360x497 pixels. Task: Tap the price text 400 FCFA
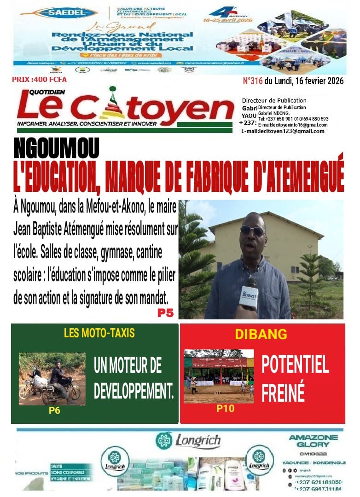coord(39,80)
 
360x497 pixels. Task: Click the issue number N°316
coord(252,81)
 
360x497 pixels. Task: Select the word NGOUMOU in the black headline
coord(57,148)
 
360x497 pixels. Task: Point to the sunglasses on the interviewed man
coord(252,231)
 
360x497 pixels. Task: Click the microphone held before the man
coord(249,295)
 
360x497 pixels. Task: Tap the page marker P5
coord(165,313)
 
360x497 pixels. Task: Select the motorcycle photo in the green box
coord(52,378)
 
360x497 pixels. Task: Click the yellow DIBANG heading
coord(261,334)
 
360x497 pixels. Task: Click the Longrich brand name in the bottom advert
coord(198,441)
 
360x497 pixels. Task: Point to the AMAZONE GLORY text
coord(313,441)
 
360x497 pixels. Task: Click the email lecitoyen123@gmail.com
coord(283,131)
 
